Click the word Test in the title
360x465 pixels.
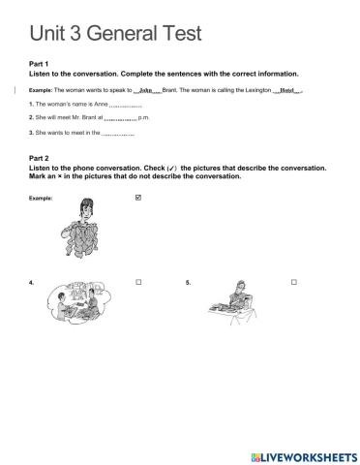(x=174, y=35)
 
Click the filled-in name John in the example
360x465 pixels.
(x=147, y=89)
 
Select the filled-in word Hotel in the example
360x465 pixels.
(x=287, y=89)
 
